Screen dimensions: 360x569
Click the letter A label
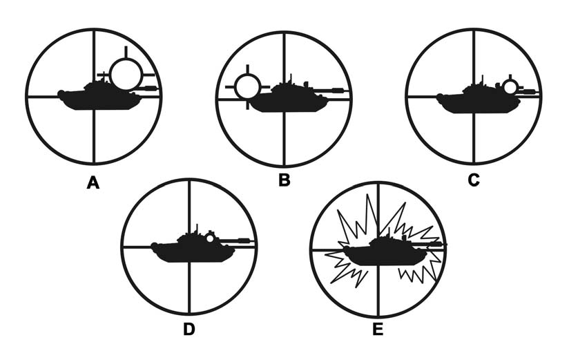coord(93,182)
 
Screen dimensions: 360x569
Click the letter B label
coord(284,182)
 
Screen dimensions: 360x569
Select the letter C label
coord(473,182)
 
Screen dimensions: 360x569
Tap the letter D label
coord(189,330)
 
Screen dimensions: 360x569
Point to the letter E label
coord(377,330)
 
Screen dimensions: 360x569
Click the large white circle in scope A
coord(126,74)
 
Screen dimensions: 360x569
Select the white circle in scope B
coord(247,88)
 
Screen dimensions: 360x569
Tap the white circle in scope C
coord(510,86)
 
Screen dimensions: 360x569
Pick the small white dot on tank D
coord(209,238)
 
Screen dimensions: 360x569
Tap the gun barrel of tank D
coord(238,240)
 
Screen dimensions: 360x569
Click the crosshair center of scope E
coord(377,248)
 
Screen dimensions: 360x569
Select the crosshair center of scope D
coord(189,247)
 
